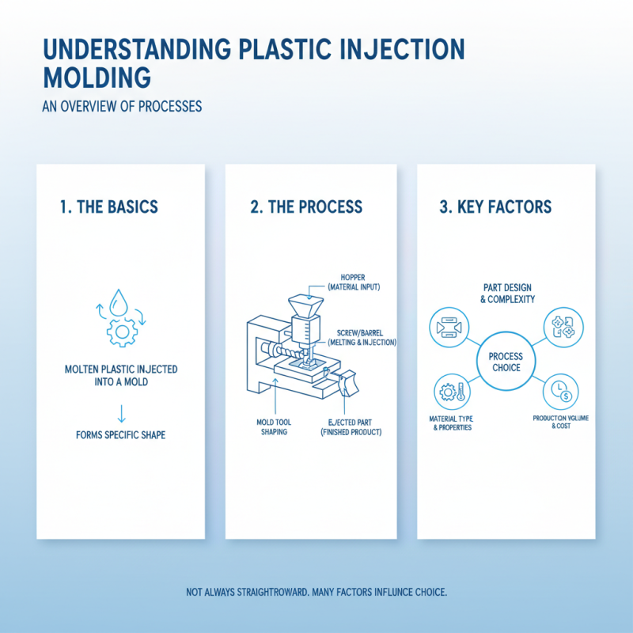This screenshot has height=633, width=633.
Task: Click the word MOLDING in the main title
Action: coord(96,78)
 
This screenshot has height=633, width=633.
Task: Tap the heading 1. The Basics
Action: coord(108,207)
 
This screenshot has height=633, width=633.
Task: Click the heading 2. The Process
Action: coord(306,207)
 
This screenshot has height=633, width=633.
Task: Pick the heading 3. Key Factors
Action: coord(495,207)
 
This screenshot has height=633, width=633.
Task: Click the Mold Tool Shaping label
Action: coord(275,426)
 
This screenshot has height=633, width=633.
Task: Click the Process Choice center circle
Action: coord(506,362)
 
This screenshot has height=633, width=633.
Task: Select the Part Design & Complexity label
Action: coord(506,294)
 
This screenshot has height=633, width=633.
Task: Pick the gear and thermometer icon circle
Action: coord(449,392)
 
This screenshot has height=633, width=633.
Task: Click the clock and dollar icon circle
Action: coord(559,390)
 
